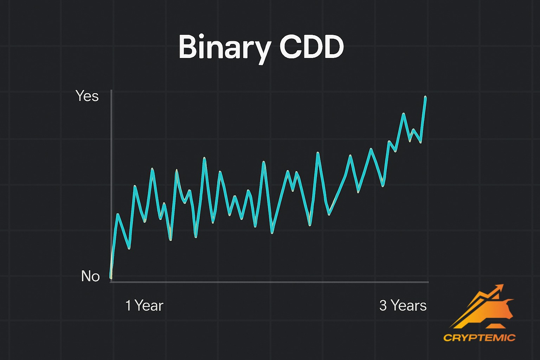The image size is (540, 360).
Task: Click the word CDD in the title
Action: (311, 47)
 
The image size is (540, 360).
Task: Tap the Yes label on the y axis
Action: (87, 96)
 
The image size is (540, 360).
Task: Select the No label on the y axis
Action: (90, 276)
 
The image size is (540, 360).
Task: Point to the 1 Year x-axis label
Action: (144, 306)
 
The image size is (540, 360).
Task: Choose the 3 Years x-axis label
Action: (403, 306)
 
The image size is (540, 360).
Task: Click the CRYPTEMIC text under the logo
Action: (479, 338)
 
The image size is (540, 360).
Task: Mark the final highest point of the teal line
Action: (425, 97)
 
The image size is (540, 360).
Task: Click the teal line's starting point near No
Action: (111, 277)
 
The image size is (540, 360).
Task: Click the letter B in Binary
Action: (188, 47)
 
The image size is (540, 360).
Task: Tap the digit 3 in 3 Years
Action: (383, 306)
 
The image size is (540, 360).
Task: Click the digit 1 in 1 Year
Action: (128, 306)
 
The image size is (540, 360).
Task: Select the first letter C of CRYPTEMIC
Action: (448, 338)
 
